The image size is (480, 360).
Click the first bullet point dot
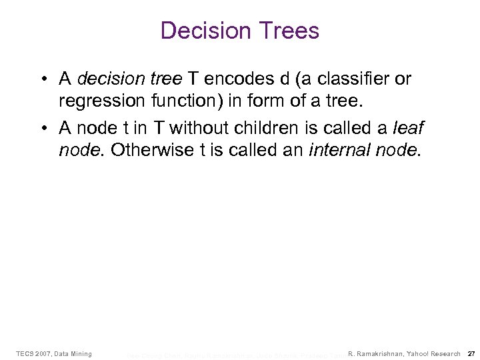click(x=43, y=79)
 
